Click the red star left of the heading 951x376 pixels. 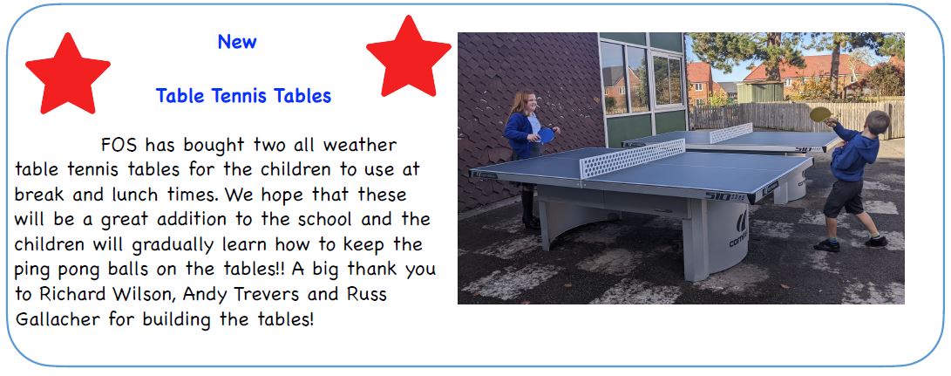(x=68, y=75)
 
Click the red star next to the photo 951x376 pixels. (x=409, y=58)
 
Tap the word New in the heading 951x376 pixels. (x=237, y=42)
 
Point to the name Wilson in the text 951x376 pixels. (x=146, y=295)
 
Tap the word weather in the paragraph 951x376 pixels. (x=360, y=145)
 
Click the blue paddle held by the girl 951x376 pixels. (x=546, y=135)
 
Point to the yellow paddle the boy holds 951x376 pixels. (x=820, y=114)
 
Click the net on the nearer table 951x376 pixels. (x=633, y=158)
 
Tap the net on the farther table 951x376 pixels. (x=730, y=133)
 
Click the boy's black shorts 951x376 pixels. (x=844, y=198)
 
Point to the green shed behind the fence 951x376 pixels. (x=759, y=92)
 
